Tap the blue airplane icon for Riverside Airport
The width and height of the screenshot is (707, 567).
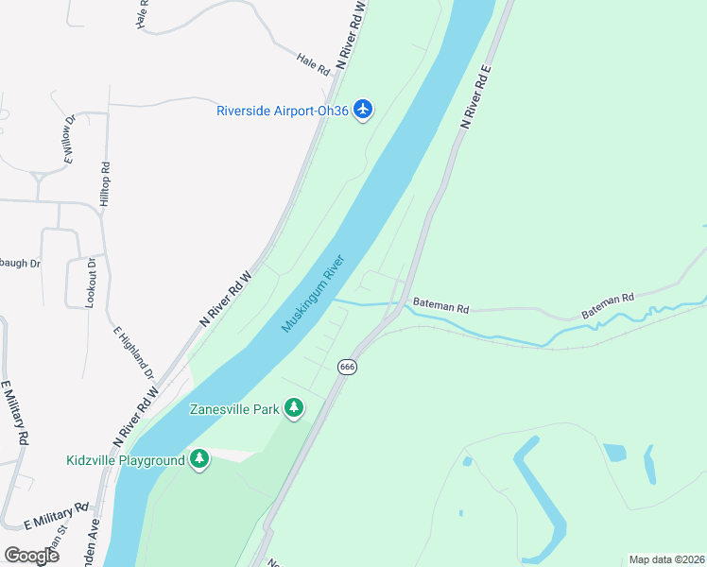point(363,110)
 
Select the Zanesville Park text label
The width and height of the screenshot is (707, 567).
point(234,409)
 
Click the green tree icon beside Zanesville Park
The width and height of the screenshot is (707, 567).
point(295,407)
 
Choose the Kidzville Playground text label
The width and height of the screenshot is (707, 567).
point(125,461)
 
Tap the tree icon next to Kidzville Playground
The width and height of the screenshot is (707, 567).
point(198,459)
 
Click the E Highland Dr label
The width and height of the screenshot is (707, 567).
point(131,347)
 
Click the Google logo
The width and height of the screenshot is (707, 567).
point(31,555)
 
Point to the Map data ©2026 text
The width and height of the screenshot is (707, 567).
point(666,559)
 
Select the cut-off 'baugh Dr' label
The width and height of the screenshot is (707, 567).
point(20,263)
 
